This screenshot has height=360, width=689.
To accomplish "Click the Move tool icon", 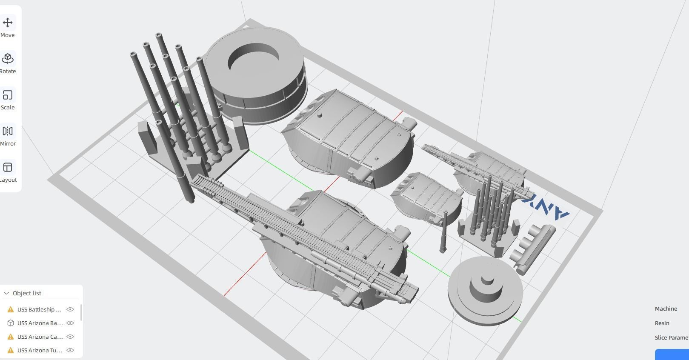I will (x=8, y=23).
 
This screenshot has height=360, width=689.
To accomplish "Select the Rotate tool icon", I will (x=8, y=59).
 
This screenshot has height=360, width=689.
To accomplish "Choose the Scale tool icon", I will (x=8, y=95).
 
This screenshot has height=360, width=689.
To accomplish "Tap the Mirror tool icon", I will (x=8, y=131).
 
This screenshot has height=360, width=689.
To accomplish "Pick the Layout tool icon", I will (x=8, y=167).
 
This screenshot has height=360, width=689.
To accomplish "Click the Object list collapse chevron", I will (x=6, y=293).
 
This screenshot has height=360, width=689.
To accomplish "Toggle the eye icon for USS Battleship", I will (x=70, y=309).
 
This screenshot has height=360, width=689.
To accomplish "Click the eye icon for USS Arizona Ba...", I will (x=70, y=323).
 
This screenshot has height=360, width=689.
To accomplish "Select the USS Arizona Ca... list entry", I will (x=40, y=337).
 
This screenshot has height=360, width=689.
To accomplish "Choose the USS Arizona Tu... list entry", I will (x=40, y=350).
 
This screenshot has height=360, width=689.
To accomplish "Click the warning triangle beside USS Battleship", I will (x=11, y=309).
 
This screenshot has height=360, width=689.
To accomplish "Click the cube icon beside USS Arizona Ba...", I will (x=11, y=323).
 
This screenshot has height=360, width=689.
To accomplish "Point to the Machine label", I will (x=666, y=309).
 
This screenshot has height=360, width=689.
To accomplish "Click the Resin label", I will (x=662, y=323).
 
